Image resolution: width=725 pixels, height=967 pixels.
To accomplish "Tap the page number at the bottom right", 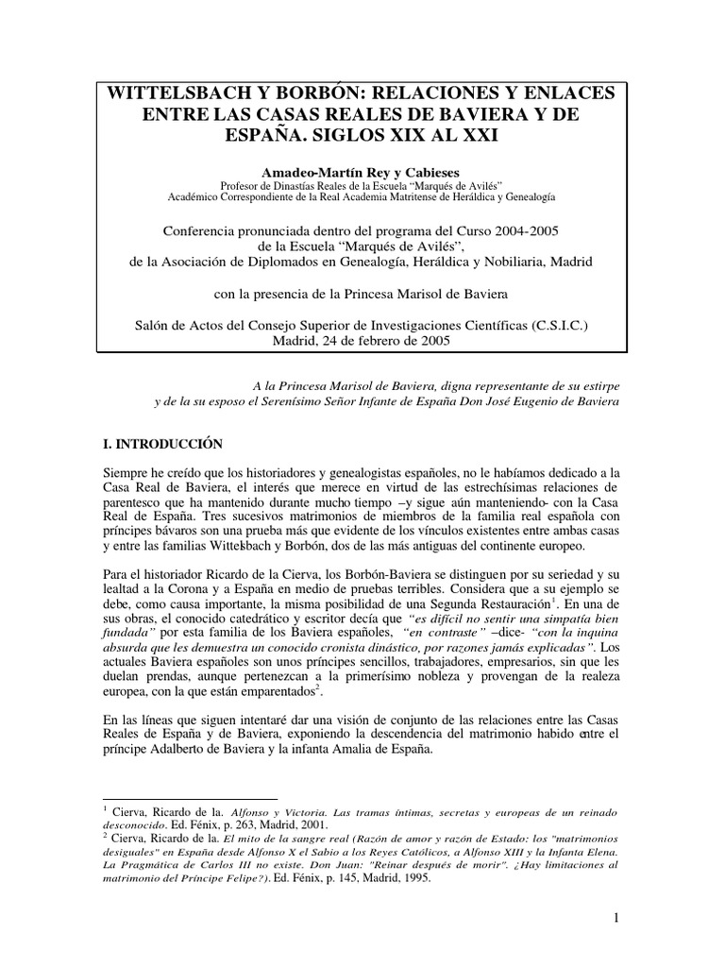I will (615, 917).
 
